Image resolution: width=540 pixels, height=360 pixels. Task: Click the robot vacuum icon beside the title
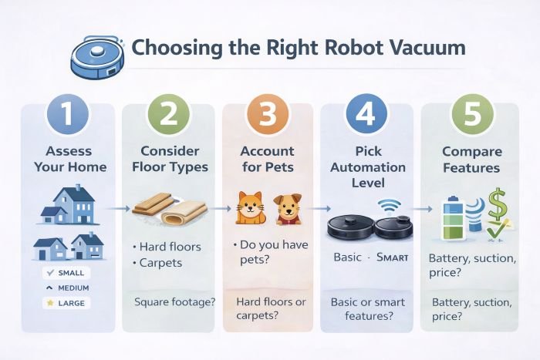point(97,56)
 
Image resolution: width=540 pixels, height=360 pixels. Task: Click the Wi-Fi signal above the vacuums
point(390,206)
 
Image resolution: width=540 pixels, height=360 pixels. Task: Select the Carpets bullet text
point(161,262)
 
